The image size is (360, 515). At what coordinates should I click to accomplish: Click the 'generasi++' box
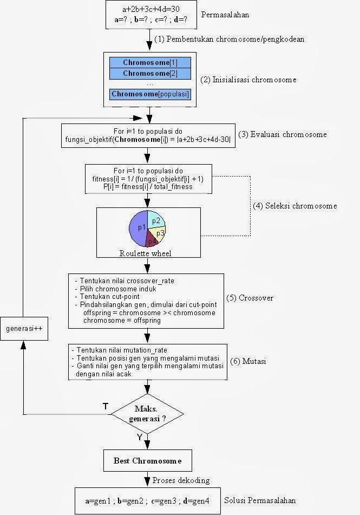tap(24, 329)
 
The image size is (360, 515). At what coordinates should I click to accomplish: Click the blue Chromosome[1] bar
tap(150, 63)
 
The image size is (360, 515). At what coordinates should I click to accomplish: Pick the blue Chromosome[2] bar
tap(150, 74)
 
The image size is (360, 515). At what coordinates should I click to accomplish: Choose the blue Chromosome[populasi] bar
tap(150, 94)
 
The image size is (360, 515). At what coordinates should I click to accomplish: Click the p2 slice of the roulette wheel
tap(156, 220)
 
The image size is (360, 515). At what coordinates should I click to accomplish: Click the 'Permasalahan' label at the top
tap(225, 15)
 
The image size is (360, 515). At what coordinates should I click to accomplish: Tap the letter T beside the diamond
tap(106, 406)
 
